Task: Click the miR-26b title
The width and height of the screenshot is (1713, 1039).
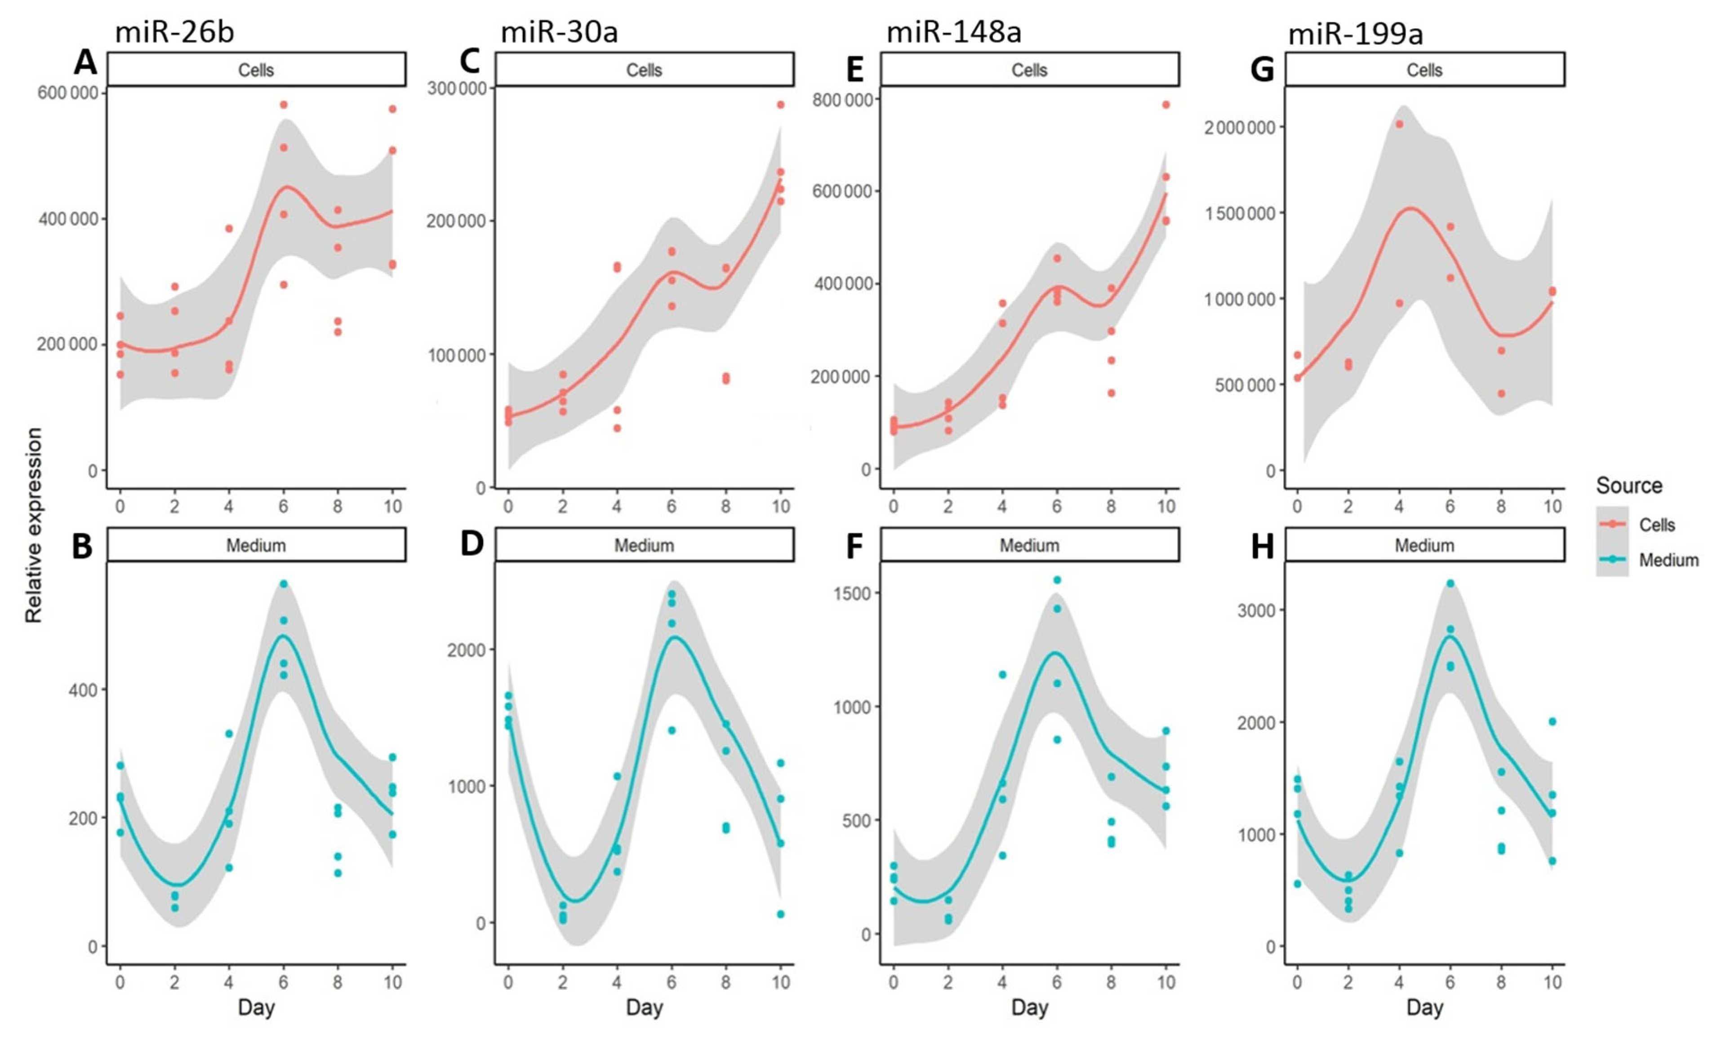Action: (174, 33)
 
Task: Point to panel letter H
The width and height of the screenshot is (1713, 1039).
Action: (1262, 547)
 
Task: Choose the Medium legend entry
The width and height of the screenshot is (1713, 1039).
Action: (1668, 560)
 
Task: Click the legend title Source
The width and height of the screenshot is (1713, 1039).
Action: (1629, 485)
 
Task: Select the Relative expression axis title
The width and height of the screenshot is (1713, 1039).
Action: (33, 525)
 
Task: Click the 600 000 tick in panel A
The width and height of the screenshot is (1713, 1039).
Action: (67, 93)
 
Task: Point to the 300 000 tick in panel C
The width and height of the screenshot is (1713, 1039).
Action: (456, 88)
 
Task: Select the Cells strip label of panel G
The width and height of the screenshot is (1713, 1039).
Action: (1424, 70)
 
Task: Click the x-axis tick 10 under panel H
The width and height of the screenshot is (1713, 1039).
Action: (1553, 982)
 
